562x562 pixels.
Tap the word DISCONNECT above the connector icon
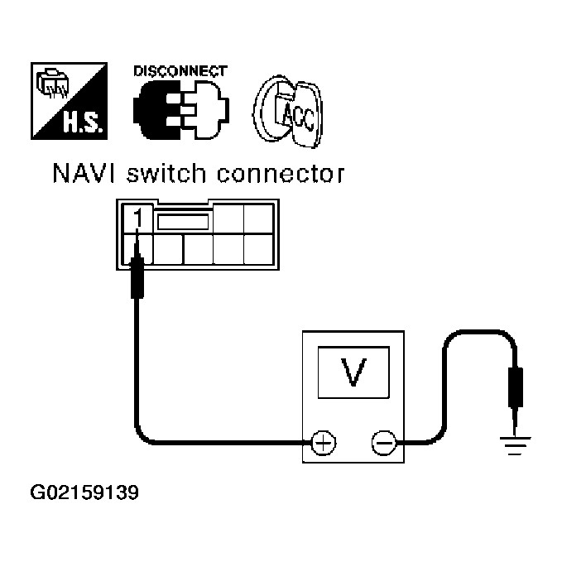179,71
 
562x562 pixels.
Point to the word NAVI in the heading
84,175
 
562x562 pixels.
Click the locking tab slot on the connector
183,220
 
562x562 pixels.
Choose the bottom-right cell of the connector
259,248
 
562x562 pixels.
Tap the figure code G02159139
84,494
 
